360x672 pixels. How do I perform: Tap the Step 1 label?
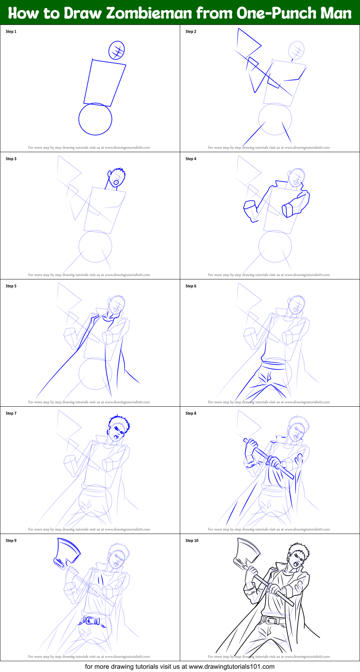pyautogui.click(x=11, y=32)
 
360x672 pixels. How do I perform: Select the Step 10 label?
pyautogui.click(x=192, y=541)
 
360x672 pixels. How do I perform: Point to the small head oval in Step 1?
pyautogui.click(x=116, y=50)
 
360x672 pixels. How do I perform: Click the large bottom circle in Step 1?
pyautogui.click(x=95, y=119)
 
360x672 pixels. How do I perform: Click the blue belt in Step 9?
pyautogui.click(x=92, y=621)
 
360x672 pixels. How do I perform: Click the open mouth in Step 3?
pyautogui.click(x=116, y=182)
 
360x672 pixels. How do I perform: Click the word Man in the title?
pyautogui.click(x=336, y=13)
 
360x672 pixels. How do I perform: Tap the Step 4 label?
pyautogui.click(x=191, y=159)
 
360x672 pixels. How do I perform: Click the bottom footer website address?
pyautogui.click(x=231, y=667)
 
